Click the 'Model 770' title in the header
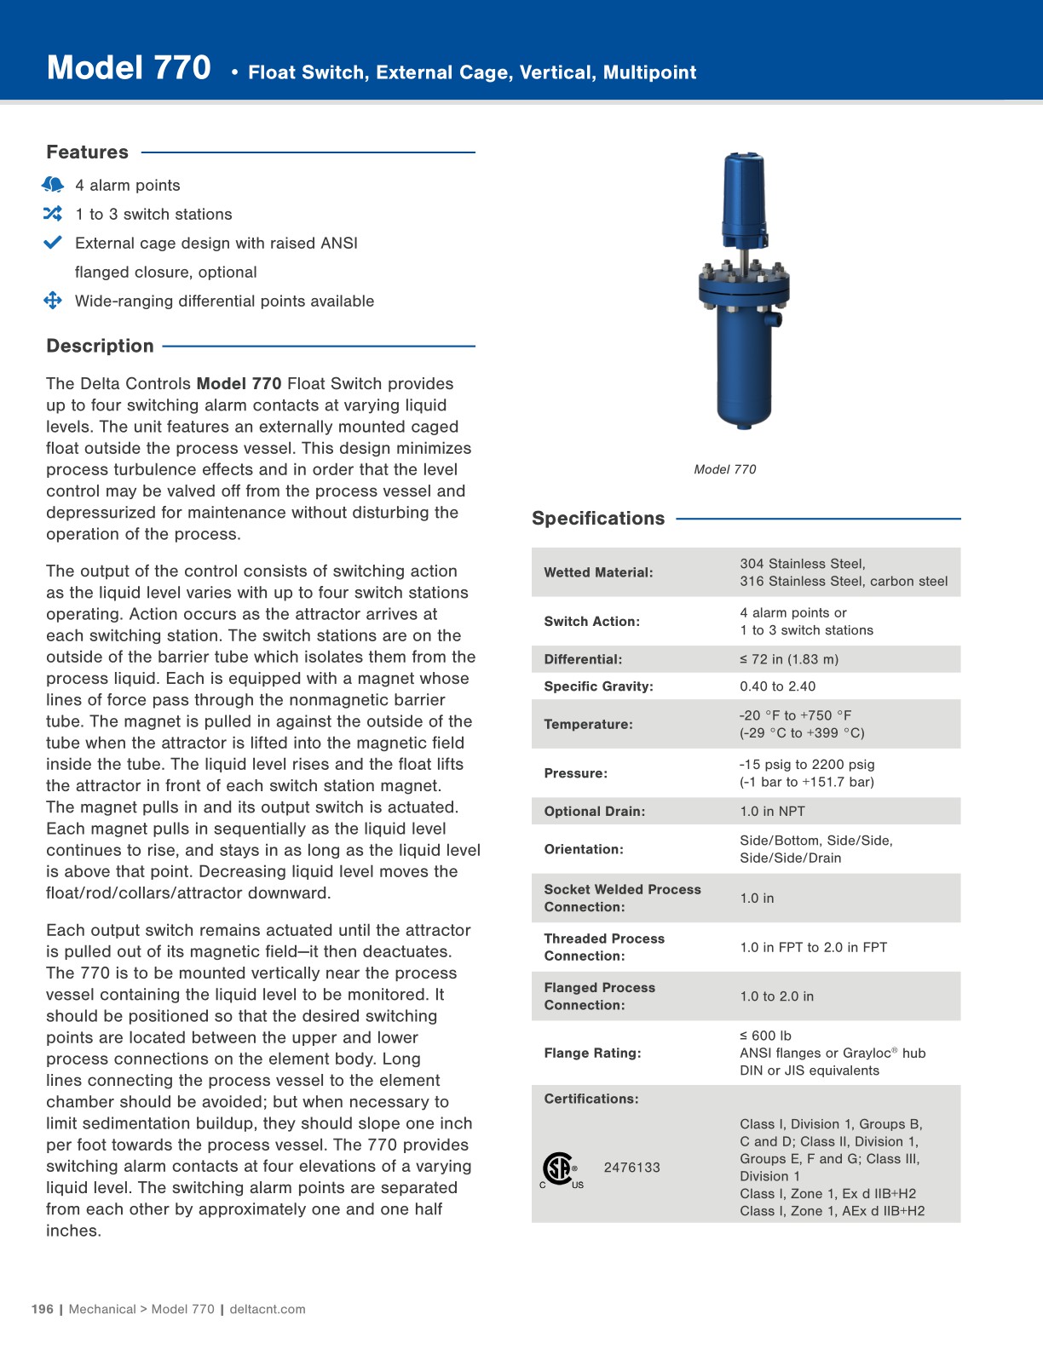[x=129, y=68]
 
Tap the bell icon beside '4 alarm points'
[x=53, y=185]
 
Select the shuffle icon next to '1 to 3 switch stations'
[x=53, y=214]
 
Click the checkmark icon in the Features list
[x=53, y=243]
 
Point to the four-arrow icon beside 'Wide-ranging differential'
[x=53, y=301]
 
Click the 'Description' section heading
[x=100, y=346]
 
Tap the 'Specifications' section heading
[x=598, y=519]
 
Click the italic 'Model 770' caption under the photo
[x=725, y=469]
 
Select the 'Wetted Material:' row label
[x=598, y=572]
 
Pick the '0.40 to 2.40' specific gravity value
[x=777, y=686]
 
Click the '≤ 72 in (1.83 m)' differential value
[x=789, y=659]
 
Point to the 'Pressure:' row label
[x=576, y=773]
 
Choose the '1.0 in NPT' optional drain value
[x=772, y=812]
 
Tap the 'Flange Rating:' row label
[x=592, y=1053]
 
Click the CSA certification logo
[x=560, y=1169]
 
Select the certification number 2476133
[x=631, y=1168]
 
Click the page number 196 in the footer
[x=42, y=1309]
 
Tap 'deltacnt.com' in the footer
[x=268, y=1309]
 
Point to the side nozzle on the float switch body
[x=775, y=320]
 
